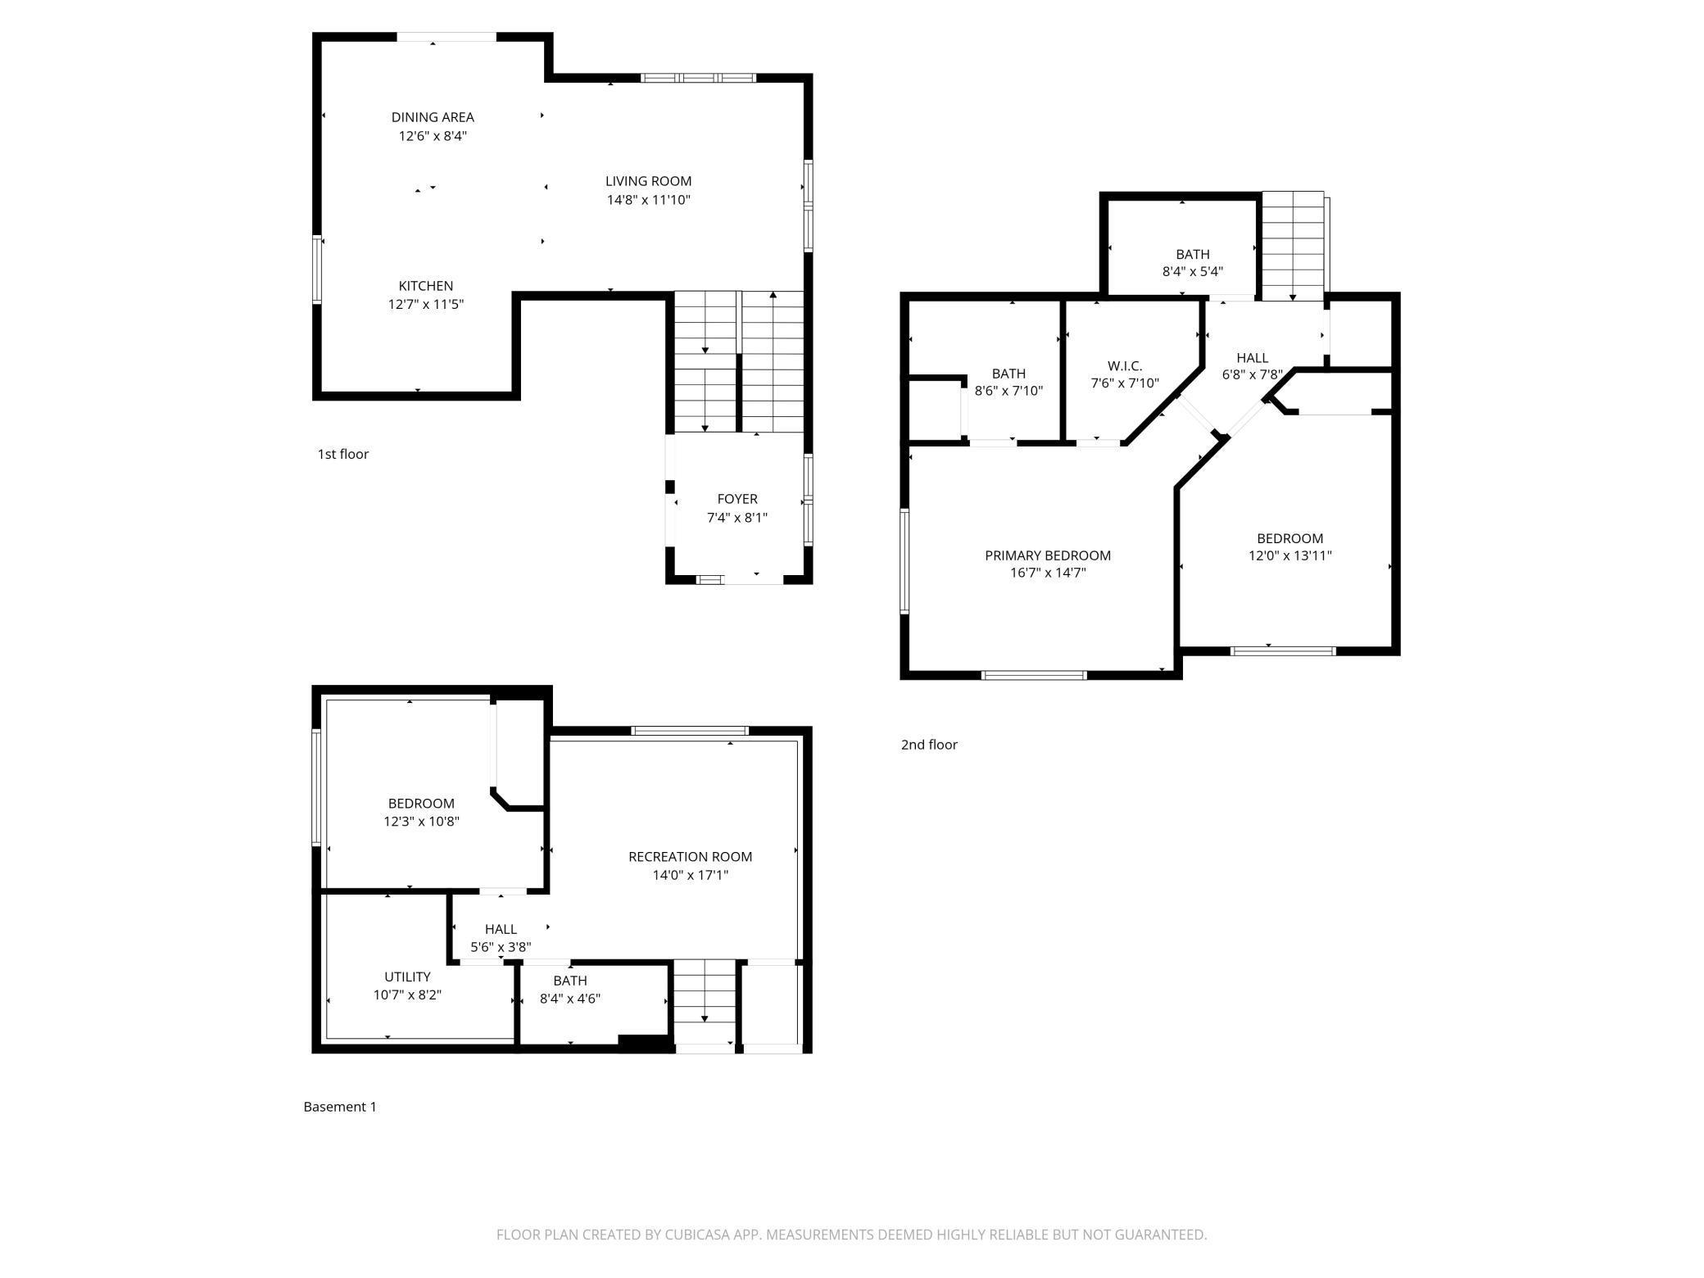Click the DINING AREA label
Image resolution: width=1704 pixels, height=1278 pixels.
coord(432,117)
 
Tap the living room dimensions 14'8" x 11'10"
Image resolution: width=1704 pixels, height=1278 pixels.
coord(648,200)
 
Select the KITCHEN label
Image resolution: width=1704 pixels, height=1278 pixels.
coord(425,286)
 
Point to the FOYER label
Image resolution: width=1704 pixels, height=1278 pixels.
coord(736,499)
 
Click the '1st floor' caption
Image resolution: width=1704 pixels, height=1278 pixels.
coord(342,454)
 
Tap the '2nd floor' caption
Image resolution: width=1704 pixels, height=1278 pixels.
coord(928,745)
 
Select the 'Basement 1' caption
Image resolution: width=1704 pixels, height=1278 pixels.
coord(339,1107)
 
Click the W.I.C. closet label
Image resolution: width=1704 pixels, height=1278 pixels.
coord(1124,366)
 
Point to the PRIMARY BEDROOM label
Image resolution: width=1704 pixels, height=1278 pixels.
coord(1047,555)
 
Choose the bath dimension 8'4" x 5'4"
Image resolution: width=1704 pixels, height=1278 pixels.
coord(1192,272)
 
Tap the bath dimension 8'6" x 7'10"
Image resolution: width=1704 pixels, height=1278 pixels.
coord(1008,391)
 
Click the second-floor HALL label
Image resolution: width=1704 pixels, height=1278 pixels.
coord(1252,358)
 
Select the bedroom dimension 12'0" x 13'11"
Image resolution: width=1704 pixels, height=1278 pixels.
coord(1289,555)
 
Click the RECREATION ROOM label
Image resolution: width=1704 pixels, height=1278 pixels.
coord(690,857)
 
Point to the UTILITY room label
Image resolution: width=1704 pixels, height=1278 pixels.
coord(407,977)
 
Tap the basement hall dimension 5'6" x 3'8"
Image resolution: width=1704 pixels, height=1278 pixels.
coord(500,947)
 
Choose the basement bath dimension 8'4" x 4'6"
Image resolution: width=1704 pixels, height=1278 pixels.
coord(569,999)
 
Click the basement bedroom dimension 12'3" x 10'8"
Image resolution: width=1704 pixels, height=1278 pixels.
coord(421,821)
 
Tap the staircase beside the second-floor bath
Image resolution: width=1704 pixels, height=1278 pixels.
coord(1292,246)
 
